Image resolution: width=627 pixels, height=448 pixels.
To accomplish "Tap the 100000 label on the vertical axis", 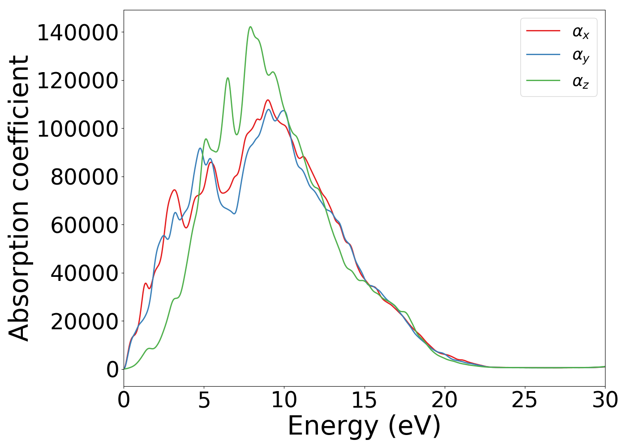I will coord(77,129).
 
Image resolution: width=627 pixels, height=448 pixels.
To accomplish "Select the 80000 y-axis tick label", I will coord(84,177).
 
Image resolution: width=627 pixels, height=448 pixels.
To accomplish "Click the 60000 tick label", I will coord(84,225).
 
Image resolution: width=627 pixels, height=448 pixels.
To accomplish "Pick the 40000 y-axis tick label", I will coord(84,273).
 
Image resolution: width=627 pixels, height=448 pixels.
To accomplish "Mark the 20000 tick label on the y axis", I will coord(84,321).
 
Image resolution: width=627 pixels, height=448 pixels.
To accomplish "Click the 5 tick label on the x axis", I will coord(204,400).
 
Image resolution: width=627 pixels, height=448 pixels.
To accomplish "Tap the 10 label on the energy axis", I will coord(284,400).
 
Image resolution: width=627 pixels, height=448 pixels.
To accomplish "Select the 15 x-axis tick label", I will coord(364,400).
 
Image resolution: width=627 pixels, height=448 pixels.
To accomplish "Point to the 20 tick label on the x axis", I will coord(444,400).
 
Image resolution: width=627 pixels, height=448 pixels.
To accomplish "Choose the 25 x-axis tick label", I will coord(524,400).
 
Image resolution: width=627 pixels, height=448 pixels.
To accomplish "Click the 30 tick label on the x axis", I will coord(605,400).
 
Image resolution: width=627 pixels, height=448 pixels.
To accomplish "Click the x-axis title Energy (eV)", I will coord(364,426).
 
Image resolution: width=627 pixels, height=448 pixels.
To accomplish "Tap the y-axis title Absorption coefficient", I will coord(19,198).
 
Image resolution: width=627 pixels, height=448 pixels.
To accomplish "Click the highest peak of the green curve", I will coord(250,27).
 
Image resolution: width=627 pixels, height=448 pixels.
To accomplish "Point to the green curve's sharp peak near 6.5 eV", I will coord(228,78).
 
